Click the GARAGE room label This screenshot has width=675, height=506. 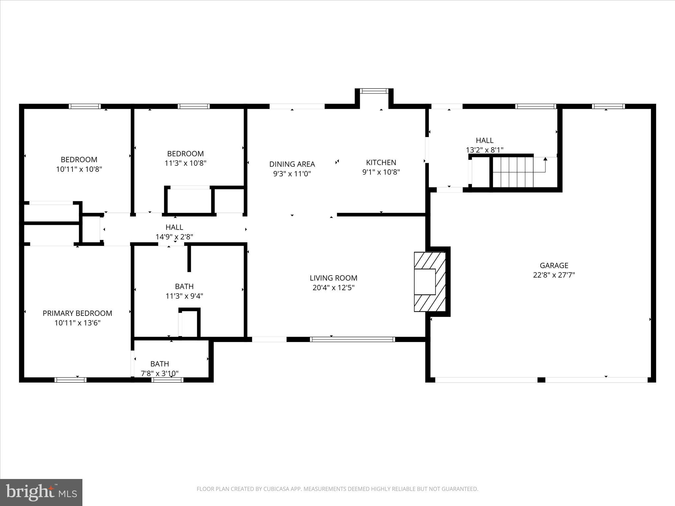[554, 265]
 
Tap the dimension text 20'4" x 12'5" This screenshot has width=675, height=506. [333, 288]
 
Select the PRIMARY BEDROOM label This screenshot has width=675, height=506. [77, 313]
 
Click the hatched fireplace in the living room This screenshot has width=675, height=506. [429, 282]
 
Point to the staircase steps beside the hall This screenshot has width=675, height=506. [513, 172]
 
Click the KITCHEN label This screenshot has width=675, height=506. [381, 162]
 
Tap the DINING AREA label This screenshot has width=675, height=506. [292, 164]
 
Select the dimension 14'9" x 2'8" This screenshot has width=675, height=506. [174, 237]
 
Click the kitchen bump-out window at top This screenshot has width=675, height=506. [374, 91]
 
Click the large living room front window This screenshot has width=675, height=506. [352, 339]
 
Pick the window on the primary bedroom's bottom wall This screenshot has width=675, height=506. [70, 380]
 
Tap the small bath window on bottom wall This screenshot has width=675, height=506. [167, 380]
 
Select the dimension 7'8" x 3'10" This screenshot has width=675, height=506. [160, 373]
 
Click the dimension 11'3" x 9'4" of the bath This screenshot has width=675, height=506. [184, 296]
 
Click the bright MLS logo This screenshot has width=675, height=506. [41, 492]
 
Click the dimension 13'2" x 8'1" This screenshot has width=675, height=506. [484, 150]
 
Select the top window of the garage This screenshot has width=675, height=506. [608, 106]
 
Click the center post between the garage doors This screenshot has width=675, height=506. [541, 380]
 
